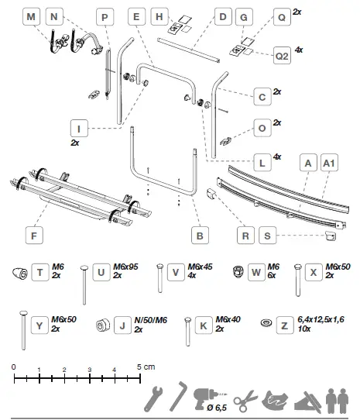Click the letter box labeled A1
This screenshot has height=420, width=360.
(x=328, y=164)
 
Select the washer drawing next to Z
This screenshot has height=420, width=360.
(x=265, y=322)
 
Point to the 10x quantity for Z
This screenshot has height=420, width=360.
(x=305, y=329)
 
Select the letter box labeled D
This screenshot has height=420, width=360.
(x=222, y=16)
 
